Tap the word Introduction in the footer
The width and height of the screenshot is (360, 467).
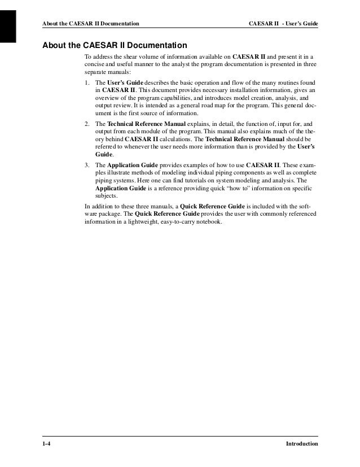point(302,444)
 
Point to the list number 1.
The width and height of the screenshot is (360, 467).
point(86,82)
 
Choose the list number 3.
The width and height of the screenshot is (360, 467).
point(86,164)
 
